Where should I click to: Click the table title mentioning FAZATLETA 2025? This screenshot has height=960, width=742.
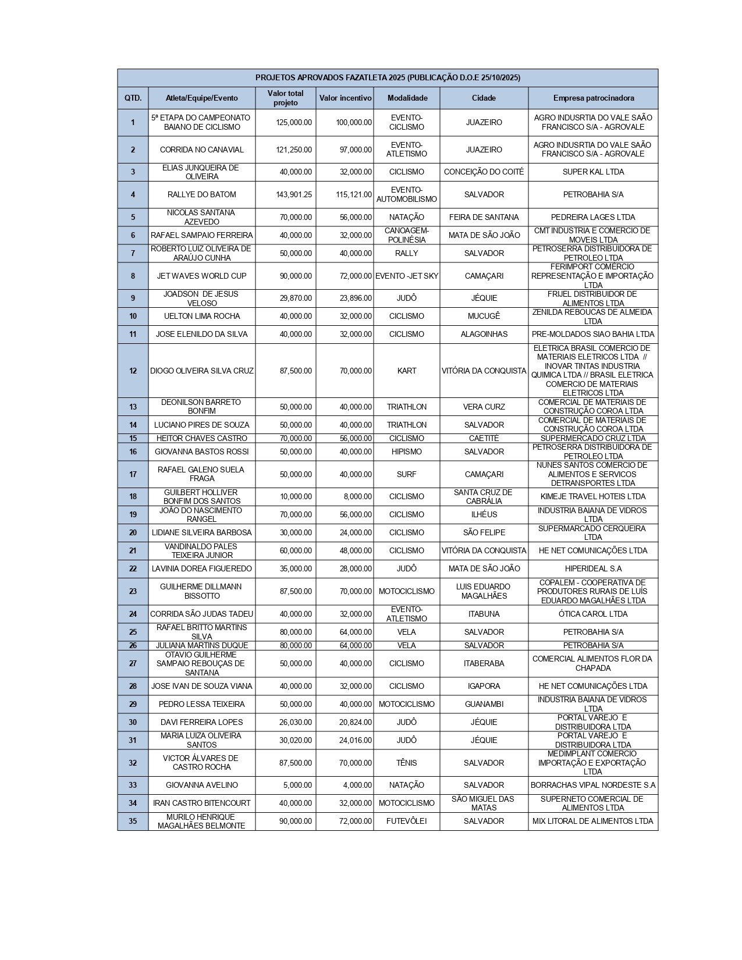(388, 78)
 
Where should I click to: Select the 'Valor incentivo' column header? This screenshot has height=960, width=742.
(345, 98)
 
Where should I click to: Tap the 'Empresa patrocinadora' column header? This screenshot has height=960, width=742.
(593, 98)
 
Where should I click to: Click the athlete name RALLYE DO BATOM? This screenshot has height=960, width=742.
(201, 194)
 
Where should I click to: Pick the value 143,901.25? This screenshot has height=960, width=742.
(294, 194)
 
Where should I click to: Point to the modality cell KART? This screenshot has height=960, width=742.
(406, 371)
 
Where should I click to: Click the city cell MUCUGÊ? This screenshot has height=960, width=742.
(484, 316)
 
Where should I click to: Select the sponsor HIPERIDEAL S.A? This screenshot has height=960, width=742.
(593, 568)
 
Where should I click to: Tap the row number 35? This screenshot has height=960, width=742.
(133, 821)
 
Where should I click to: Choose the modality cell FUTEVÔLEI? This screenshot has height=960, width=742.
(406, 821)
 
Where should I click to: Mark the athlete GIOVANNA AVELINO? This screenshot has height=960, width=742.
(201, 785)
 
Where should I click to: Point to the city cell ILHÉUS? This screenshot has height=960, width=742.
(484, 514)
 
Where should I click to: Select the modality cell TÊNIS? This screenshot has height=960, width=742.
(406, 763)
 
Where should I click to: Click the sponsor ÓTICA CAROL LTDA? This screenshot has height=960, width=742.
(593, 614)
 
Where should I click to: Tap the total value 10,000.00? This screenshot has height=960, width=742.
(296, 496)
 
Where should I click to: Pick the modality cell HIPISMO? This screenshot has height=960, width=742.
(406, 451)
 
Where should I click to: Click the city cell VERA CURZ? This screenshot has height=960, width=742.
(484, 407)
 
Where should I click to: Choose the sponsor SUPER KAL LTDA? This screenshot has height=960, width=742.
(593, 172)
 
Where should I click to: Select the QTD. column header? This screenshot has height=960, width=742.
(133, 98)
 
